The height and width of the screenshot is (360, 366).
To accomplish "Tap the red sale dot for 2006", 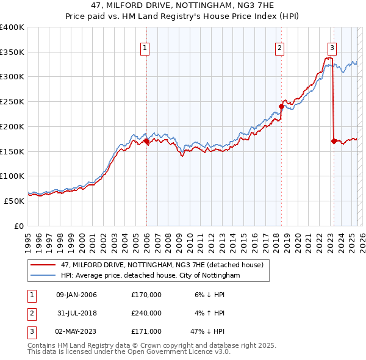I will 146,142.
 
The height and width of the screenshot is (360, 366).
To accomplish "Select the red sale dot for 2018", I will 281,106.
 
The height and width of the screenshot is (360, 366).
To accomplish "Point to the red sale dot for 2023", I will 333,141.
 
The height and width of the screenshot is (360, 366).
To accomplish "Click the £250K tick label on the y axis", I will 12,101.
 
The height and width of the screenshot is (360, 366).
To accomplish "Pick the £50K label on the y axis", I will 14,201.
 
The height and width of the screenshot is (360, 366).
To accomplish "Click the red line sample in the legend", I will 42,265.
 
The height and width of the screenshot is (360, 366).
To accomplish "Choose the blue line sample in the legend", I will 42,275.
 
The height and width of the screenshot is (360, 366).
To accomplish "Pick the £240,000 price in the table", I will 146,313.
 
